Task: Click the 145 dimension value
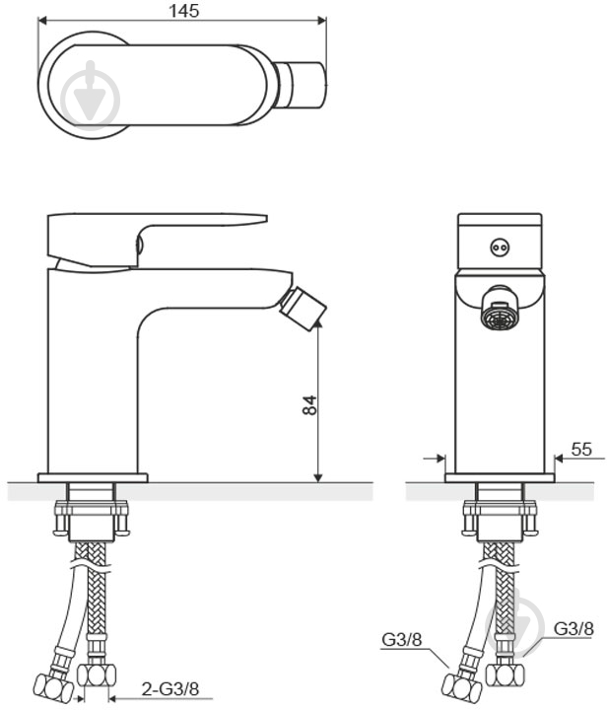point(183,11)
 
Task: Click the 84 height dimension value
point(309,405)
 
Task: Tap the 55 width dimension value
point(581,449)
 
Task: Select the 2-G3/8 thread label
point(170,688)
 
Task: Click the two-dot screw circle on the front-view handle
point(500,248)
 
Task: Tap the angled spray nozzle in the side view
point(303,310)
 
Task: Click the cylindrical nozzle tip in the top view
point(301,85)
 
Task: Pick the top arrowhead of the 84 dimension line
point(318,322)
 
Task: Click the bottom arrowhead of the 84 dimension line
point(318,477)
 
